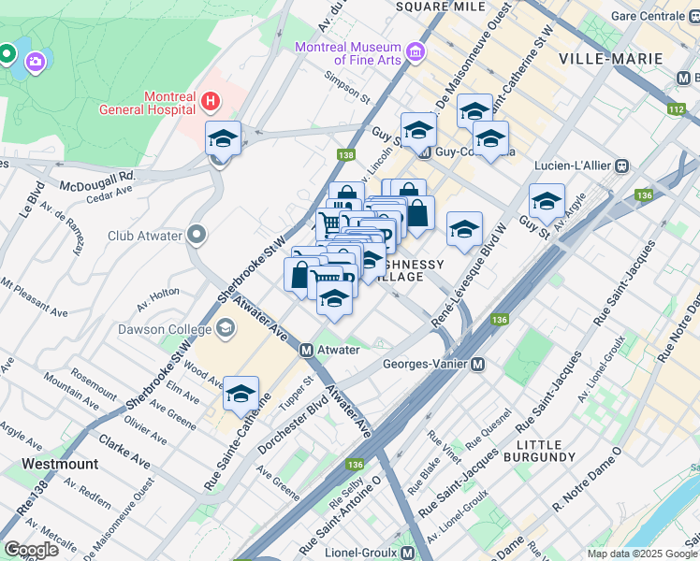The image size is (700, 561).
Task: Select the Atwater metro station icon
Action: [x=306, y=350]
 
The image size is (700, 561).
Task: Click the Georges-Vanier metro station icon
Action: [x=477, y=364]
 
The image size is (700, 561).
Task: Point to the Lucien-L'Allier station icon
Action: [x=621, y=165]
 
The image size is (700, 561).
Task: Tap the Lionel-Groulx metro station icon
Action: [x=408, y=553]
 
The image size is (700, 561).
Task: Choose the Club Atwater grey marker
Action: [x=197, y=234]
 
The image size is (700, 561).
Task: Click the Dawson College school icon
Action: [x=225, y=327]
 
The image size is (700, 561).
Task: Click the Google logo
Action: [x=32, y=550]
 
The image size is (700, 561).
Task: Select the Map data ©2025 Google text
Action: [x=642, y=554]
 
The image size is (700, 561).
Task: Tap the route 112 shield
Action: [x=676, y=109]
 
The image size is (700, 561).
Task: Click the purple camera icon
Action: [x=36, y=61]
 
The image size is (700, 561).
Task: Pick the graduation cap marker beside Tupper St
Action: [x=241, y=393]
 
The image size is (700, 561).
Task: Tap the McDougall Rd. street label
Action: [x=97, y=175]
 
